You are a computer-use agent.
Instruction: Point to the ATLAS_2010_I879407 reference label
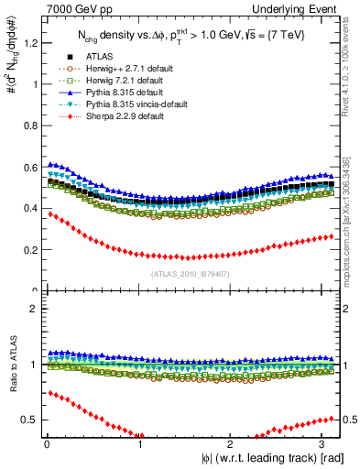tap(190, 272)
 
